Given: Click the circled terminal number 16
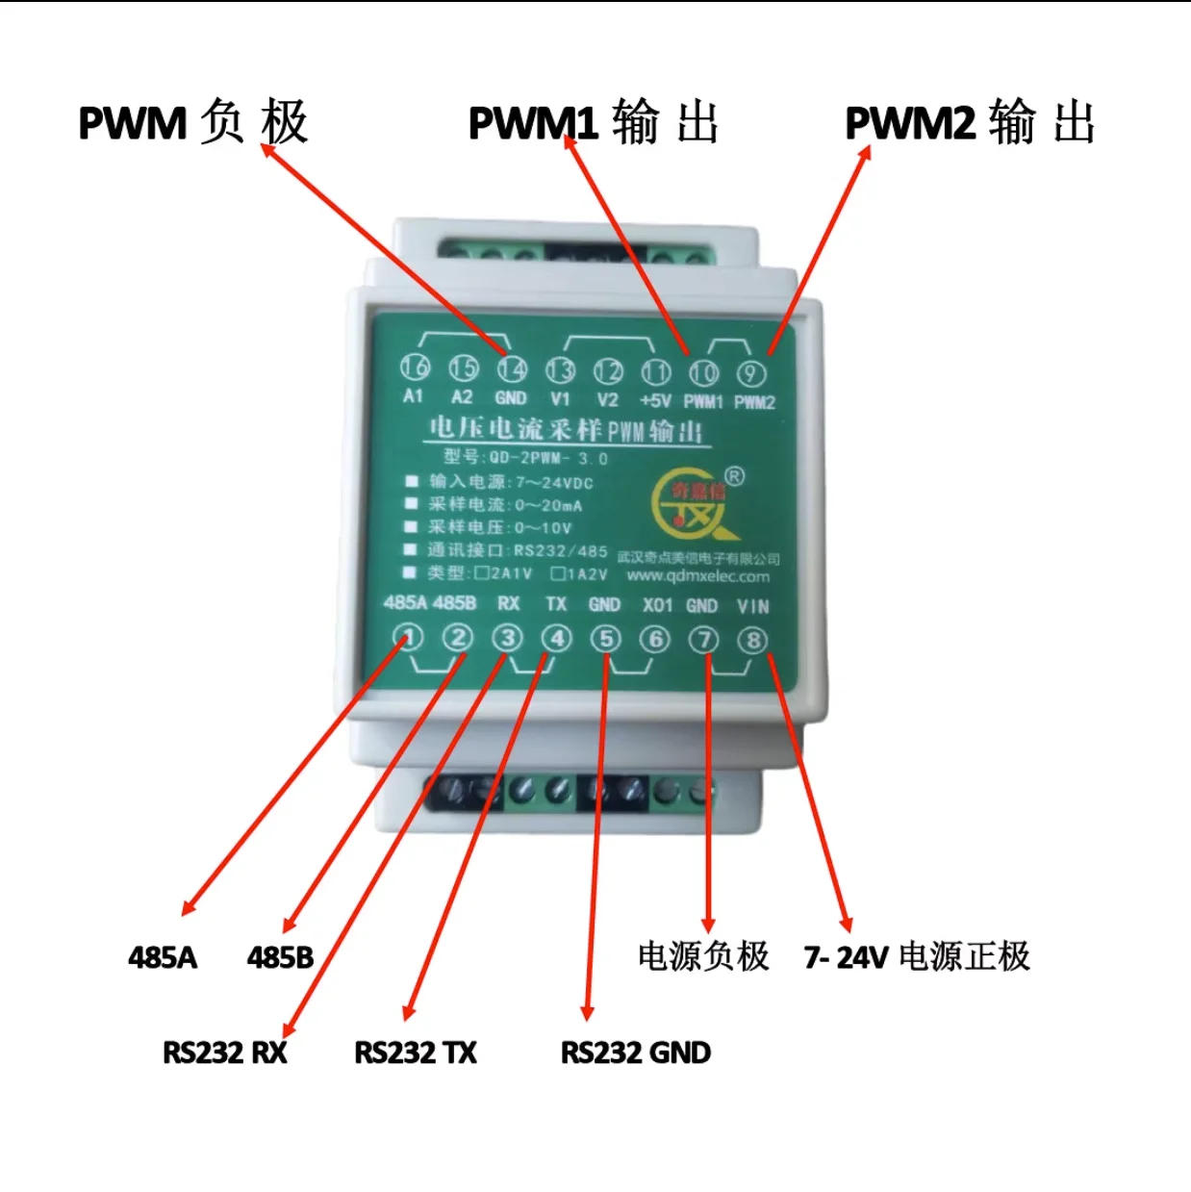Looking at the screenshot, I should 415,367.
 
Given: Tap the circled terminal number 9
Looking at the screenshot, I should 751,373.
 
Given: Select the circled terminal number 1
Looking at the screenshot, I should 409,637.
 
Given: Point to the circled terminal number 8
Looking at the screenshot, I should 752,641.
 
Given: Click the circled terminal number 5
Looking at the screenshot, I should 606,639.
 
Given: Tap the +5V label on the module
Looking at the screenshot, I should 655,400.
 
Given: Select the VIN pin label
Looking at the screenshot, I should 752,606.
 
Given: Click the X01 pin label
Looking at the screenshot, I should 657,605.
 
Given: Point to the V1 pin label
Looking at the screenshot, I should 560,398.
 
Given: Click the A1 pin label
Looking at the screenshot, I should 413,396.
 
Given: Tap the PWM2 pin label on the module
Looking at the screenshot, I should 754,402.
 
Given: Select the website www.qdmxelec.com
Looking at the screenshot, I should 697,576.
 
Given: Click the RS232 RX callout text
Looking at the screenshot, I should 225,1053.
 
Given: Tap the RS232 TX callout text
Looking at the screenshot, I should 416,1053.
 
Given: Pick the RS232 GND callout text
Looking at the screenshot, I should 636,1053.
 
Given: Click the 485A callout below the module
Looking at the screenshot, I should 163,957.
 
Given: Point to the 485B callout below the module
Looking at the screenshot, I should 280,957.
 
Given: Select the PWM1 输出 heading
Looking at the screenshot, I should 594,123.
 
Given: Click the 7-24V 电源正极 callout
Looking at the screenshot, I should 917,957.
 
